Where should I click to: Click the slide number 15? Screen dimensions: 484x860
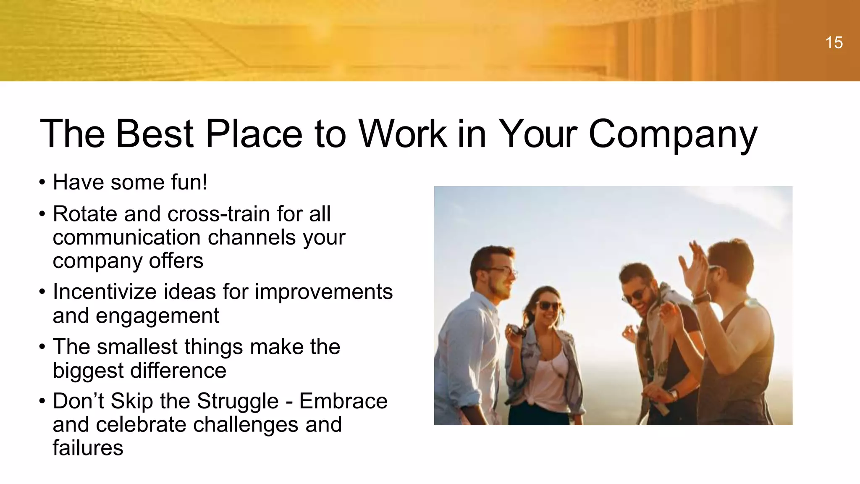834,43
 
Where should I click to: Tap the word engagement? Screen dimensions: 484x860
157,316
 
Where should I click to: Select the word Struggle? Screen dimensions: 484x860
238,401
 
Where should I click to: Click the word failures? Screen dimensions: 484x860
88,447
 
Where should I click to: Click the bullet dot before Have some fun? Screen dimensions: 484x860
42,183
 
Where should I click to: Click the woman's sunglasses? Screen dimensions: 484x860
548,305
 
